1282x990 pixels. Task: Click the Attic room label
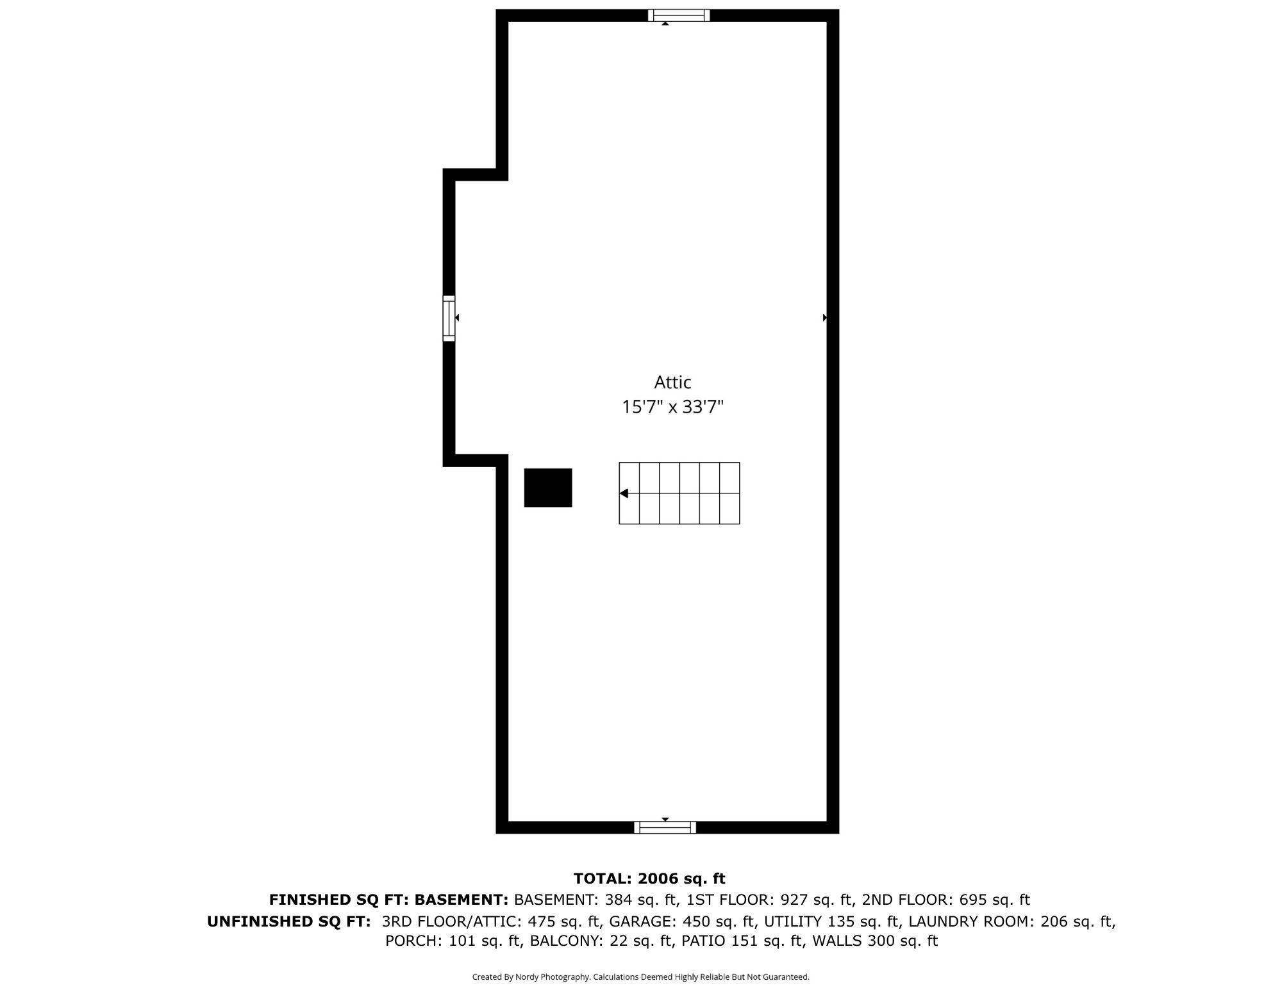click(672, 383)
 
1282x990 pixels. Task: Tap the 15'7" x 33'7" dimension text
click(672, 407)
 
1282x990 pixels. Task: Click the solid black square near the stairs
click(548, 488)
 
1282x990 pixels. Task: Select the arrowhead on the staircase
click(624, 493)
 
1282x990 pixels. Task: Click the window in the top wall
click(678, 15)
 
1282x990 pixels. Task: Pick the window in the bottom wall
click(665, 827)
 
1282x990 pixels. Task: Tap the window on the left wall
click(449, 318)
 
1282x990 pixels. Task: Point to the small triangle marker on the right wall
click(825, 317)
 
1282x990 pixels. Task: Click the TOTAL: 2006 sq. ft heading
click(649, 879)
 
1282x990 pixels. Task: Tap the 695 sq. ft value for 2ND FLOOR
click(994, 900)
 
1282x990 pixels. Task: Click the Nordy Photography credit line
click(641, 977)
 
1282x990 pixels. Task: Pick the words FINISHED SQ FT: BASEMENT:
click(388, 900)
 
